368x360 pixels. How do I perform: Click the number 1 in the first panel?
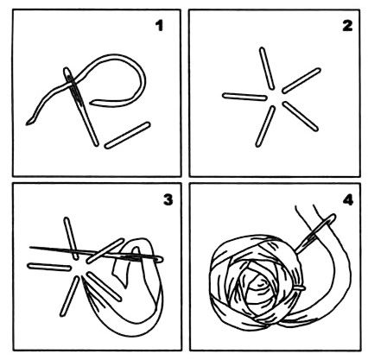[x=159, y=26]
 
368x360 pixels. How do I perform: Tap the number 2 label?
[x=347, y=26]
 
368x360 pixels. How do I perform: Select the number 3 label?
[x=168, y=199]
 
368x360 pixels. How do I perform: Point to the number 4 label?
[x=348, y=199]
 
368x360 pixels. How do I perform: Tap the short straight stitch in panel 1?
[x=127, y=136]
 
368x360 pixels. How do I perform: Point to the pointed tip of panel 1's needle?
[x=97, y=145]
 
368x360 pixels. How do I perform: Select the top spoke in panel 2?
[x=267, y=68]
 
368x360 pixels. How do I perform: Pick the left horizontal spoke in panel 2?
[x=244, y=97]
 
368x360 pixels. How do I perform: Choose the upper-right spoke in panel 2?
[x=301, y=81]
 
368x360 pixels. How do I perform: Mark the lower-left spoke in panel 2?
[x=265, y=126]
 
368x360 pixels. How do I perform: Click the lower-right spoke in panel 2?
[x=301, y=117]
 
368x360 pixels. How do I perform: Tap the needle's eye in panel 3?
[x=149, y=258]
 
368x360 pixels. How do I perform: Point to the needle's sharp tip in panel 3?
[x=30, y=247]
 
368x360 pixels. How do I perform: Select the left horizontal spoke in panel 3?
[x=49, y=267]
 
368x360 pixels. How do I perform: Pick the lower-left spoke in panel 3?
[x=70, y=296]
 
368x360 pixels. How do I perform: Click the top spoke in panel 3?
[x=71, y=238]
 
